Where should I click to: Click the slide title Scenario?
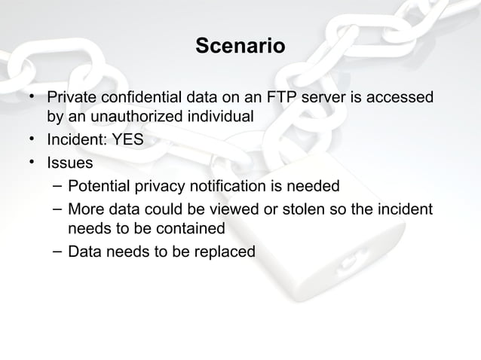click(x=240, y=47)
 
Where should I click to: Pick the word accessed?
click(x=403, y=98)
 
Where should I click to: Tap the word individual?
click(x=220, y=117)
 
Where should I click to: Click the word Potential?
click(x=98, y=185)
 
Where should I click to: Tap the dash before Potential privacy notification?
click(x=56, y=185)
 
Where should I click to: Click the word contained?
click(x=192, y=227)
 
